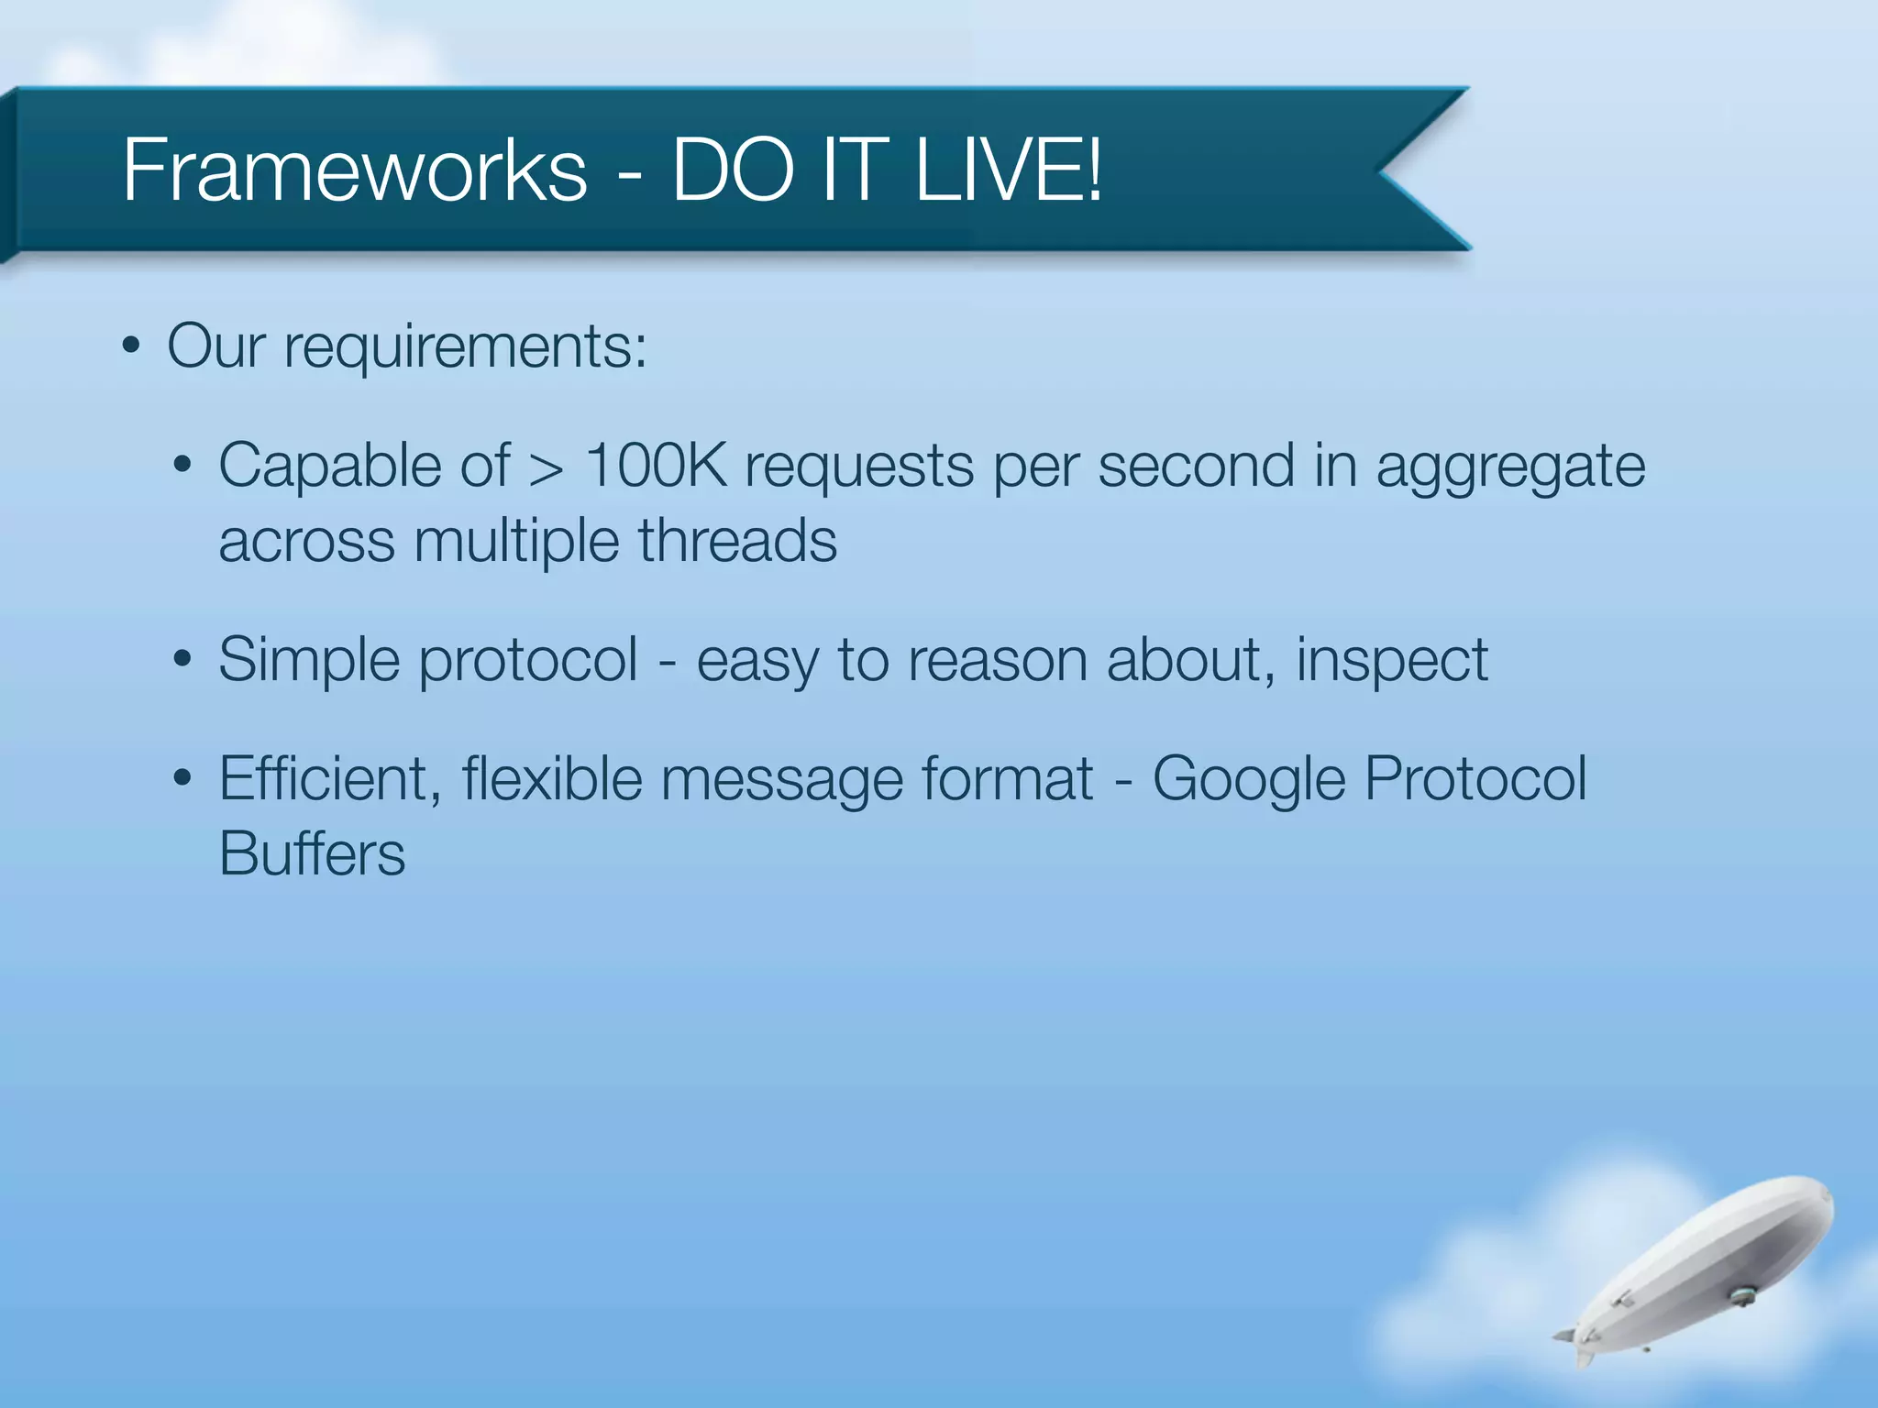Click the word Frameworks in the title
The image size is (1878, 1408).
pyautogui.click(x=354, y=170)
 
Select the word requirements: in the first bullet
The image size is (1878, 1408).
pyautogui.click(x=465, y=347)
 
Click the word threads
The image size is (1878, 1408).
pyautogui.click(x=737, y=541)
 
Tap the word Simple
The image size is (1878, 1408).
pyautogui.click(x=309, y=661)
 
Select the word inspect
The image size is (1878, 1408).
pyautogui.click(x=1391, y=661)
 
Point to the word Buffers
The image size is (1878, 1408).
pyautogui.click(x=312, y=854)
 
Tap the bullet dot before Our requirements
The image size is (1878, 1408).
pyautogui.click(x=131, y=348)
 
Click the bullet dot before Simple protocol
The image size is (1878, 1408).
pyautogui.click(x=182, y=659)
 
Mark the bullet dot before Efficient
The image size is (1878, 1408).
pyautogui.click(x=182, y=778)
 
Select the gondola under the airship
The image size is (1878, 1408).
pyautogui.click(x=1740, y=1294)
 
